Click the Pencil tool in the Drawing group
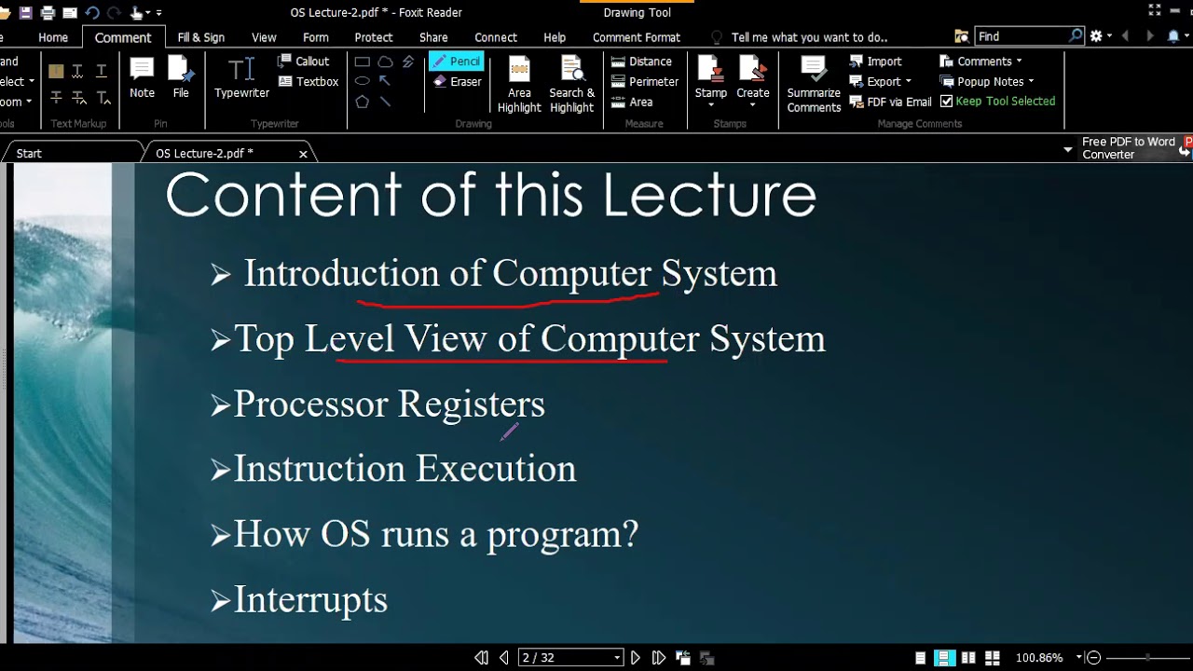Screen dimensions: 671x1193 coord(456,62)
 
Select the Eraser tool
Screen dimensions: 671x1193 coord(457,82)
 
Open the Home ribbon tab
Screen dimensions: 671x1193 coord(53,37)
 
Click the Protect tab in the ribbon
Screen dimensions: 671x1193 coord(373,37)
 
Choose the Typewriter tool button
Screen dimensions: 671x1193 coord(241,78)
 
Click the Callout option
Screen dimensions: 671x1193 coord(304,62)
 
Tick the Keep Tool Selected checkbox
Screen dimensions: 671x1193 coord(947,102)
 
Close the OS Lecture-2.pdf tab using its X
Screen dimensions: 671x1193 coord(303,154)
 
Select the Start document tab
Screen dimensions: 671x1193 coord(29,154)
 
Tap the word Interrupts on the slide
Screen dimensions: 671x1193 coord(310,600)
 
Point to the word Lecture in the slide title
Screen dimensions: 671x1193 coord(709,196)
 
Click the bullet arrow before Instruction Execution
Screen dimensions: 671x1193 coord(220,471)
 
